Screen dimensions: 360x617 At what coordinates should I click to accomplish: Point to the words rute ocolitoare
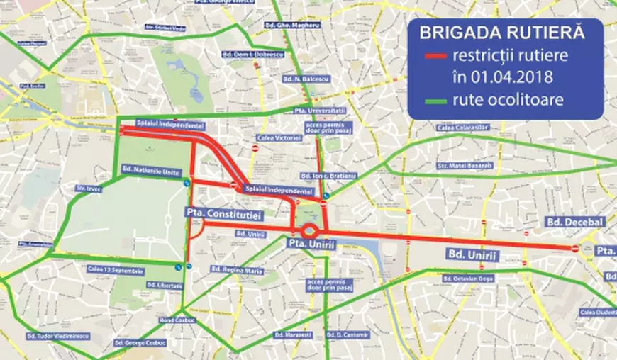tap(506, 100)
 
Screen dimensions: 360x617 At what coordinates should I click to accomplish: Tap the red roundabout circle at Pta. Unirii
tap(310, 232)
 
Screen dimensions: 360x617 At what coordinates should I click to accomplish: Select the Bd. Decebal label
tap(575, 222)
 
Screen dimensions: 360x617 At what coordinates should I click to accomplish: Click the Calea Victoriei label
tap(278, 137)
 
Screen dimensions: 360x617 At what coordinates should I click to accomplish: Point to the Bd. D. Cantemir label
tap(348, 334)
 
